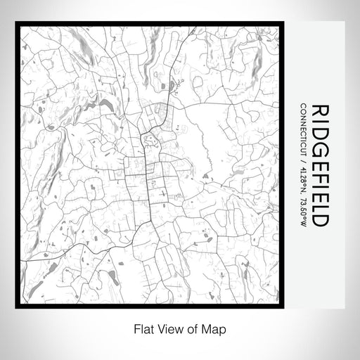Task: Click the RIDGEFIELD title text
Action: click(320, 165)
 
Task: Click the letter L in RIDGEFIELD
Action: click(320, 207)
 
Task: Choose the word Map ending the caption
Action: click(205, 328)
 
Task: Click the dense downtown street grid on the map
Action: click(149, 172)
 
